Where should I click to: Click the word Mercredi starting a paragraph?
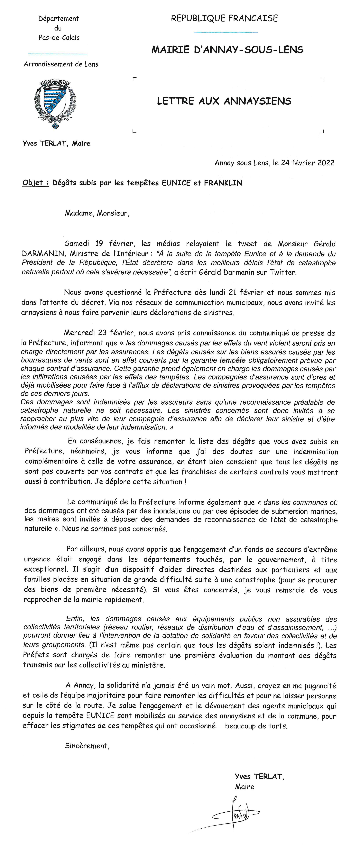click(79, 333)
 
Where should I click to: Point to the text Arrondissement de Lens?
click(61, 64)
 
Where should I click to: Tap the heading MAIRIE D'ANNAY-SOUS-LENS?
click(227, 50)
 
